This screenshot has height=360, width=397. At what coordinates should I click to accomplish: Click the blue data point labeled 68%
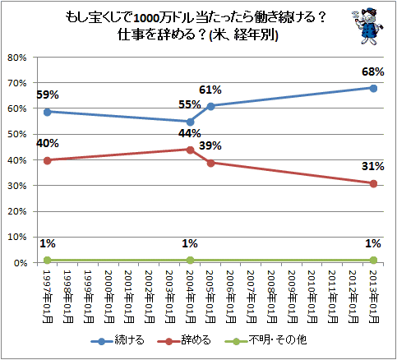point(373,88)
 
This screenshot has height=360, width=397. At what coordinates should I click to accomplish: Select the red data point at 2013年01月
point(373,184)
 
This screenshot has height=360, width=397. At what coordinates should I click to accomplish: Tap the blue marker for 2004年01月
point(190,122)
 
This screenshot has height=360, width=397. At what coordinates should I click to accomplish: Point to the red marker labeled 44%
point(190,150)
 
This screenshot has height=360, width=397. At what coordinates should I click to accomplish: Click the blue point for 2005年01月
point(210,106)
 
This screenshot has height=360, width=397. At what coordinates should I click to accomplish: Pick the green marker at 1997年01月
point(48,260)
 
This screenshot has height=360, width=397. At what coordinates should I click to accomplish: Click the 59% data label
point(48,95)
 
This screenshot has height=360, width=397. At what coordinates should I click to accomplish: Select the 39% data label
point(210,145)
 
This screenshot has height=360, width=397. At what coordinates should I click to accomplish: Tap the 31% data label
point(372,166)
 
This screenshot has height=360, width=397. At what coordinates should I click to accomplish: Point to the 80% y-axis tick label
point(17,58)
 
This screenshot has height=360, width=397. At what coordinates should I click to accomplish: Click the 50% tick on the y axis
point(17,134)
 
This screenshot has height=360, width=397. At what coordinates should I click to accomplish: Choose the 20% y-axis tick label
point(17,211)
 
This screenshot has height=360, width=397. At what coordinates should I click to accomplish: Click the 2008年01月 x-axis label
point(272,297)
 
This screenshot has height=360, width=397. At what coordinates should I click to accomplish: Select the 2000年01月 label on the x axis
point(109,297)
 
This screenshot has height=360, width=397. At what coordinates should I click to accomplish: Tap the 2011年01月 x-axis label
point(333,297)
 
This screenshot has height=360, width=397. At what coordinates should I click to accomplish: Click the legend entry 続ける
point(118,340)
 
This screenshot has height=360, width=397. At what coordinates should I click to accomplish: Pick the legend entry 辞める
point(184,340)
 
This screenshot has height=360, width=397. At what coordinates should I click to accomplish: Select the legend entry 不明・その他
point(265,340)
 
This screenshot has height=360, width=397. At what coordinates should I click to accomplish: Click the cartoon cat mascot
point(367,26)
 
